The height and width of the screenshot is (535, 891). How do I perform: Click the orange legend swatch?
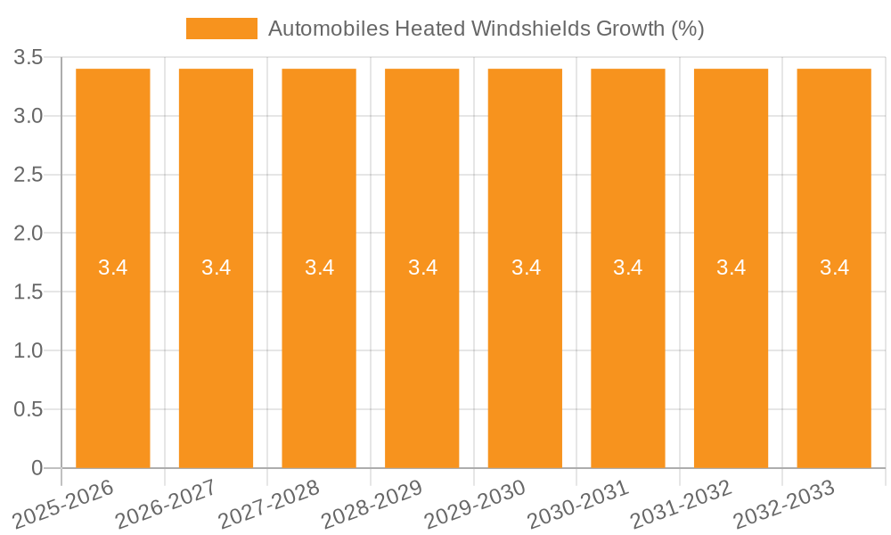coord(221,29)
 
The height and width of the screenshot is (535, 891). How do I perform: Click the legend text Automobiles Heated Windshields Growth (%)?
coord(486,29)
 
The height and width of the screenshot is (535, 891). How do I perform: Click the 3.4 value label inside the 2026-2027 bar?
coord(217,267)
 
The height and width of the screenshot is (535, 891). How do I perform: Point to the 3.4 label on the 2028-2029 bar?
coord(422,267)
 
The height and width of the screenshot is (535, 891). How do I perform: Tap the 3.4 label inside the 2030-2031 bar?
coord(628,267)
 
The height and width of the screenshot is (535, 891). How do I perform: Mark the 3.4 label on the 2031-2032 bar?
coord(732,267)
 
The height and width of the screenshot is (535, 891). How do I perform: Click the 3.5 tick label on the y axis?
coord(29,58)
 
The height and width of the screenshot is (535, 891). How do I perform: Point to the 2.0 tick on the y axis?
coord(29,234)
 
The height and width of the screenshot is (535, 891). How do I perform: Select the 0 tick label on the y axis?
coord(37,468)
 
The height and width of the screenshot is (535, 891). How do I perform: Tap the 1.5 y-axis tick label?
coord(29,292)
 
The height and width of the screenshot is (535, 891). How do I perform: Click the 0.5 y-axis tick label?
coord(29,409)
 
